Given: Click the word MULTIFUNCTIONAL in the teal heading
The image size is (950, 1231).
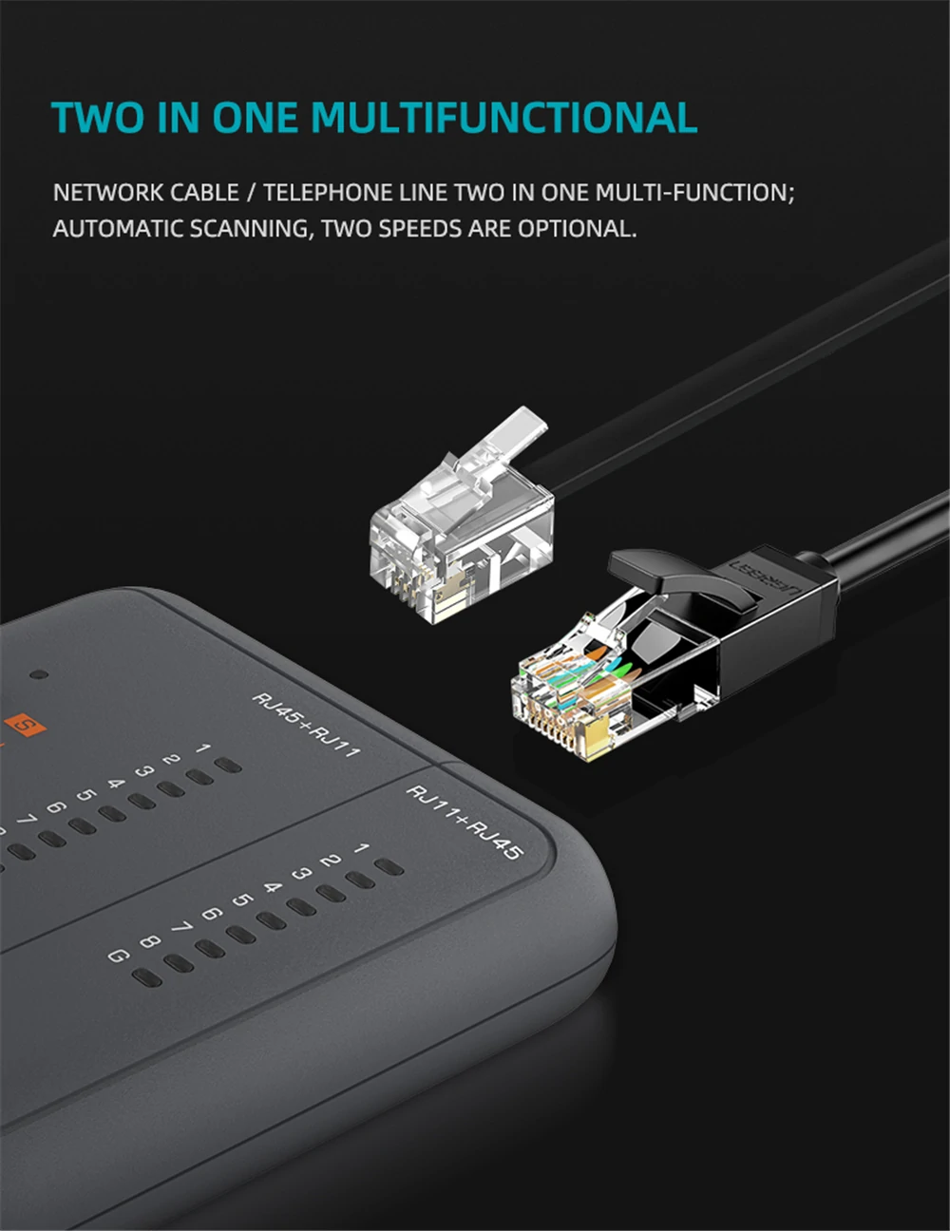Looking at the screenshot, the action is click(x=504, y=117).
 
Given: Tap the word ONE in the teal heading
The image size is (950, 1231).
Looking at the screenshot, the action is click(x=255, y=117).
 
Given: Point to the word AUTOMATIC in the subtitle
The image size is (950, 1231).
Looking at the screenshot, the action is click(x=117, y=229).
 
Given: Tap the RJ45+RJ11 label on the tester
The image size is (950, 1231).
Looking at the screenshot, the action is click(x=306, y=725).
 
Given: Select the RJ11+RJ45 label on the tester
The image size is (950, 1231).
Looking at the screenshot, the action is click(x=464, y=822).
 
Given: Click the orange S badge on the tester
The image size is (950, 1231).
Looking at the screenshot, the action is click(x=25, y=725).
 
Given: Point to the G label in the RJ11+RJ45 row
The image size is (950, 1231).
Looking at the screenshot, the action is click(x=119, y=956).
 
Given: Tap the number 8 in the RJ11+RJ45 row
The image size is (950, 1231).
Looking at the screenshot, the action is click(x=150, y=941).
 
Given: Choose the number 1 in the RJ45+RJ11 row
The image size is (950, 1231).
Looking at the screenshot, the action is click(x=202, y=748).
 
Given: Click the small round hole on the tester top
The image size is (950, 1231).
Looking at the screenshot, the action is click(x=39, y=674).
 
